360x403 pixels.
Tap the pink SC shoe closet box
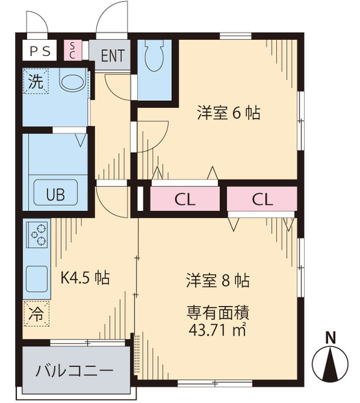(x=72, y=50)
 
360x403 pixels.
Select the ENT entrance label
(x=111, y=54)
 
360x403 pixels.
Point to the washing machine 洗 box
(x=35, y=81)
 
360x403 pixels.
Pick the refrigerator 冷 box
(x=37, y=313)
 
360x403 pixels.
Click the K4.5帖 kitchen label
(x=84, y=278)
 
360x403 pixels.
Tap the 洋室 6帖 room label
(x=228, y=113)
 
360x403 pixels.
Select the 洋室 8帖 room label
(x=218, y=280)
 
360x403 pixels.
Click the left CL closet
(x=185, y=200)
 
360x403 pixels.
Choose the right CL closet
(x=262, y=200)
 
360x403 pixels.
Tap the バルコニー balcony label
(x=74, y=370)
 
